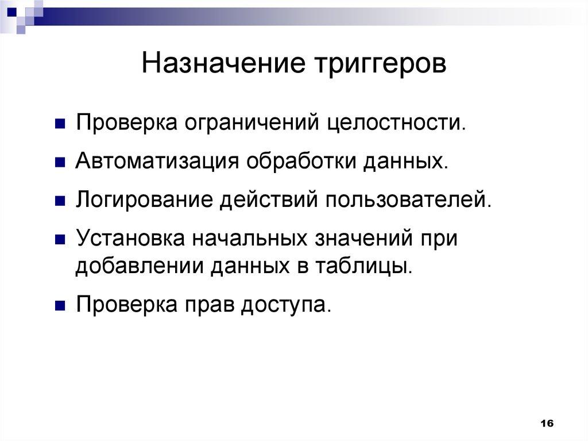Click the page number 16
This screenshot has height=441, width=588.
[546, 423]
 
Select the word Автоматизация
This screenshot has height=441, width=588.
[157, 162]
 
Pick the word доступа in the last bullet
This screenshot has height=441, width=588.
[285, 305]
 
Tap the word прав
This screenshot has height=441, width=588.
[210, 305]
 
